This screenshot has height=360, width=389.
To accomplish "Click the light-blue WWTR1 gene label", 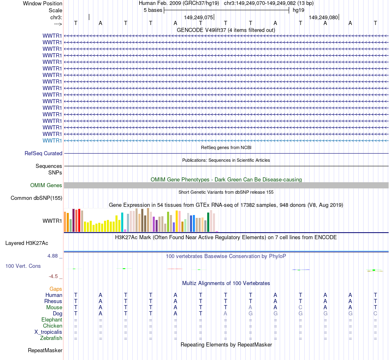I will tap(52, 140).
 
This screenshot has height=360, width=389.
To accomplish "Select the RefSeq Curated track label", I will tap(43, 154).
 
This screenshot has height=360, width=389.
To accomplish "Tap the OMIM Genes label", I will tap(46, 186).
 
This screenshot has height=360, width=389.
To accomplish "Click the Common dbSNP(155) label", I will tap(36, 199).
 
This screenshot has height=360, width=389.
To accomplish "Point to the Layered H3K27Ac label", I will tap(27, 243).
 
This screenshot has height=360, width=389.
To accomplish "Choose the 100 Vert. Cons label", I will tap(23, 266).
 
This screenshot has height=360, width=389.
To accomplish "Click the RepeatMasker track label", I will tap(45, 351).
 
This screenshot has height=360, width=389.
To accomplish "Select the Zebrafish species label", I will tap(51, 338).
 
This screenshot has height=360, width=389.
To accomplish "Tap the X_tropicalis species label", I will tap(48, 332).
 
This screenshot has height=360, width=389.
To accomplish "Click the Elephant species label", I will tap(52, 320).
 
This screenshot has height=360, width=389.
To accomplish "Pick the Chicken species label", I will tap(52, 326).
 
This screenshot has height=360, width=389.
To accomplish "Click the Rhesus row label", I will tap(53, 301).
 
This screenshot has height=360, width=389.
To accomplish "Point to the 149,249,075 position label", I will tap(199, 18).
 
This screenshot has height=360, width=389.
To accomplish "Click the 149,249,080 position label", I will tap(323, 18).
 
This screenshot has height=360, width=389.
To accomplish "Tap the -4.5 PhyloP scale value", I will tap(54, 276).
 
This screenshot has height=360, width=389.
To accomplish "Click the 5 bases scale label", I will tap(153, 10).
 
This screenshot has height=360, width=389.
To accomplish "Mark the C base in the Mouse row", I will tap(300, 308).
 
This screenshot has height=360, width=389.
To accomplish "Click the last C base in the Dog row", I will tap(375, 314).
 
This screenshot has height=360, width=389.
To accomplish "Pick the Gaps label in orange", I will tap(56, 289).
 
